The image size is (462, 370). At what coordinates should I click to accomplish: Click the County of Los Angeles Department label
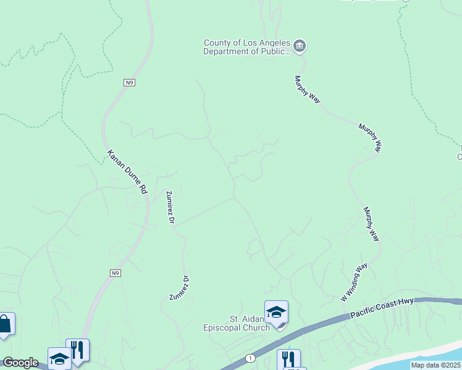[x=247, y=47]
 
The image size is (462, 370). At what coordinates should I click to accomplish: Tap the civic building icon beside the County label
[x=300, y=46]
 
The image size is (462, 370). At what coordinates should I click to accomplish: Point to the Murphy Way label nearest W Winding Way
[x=372, y=223]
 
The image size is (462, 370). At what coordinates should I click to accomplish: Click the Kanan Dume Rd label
[x=127, y=173]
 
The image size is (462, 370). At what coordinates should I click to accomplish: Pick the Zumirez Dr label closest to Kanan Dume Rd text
[x=170, y=207]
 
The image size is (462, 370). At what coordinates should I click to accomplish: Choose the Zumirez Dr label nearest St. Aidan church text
[x=180, y=288]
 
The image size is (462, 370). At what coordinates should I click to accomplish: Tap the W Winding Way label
[x=354, y=282]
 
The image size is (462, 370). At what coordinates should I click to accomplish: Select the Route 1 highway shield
[x=250, y=358]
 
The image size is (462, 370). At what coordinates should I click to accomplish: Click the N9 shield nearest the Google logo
[x=115, y=273]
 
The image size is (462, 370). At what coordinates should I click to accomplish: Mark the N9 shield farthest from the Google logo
[x=128, y=83]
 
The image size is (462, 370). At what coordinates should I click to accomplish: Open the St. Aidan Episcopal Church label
[x=237, y=323]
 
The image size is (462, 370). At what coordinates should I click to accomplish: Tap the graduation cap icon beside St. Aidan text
[x=276, y=312]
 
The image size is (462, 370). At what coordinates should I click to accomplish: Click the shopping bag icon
[x=4, y=324]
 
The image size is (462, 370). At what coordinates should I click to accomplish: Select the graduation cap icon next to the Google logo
[x=59, y=358]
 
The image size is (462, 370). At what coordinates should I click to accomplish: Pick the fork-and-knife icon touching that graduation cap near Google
[x=78, y=350]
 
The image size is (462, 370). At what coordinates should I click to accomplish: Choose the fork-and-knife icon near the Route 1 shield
[x=288, y=359]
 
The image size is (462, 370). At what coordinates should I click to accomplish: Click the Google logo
[x=20, y=363]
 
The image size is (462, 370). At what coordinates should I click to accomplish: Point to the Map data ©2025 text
[x=435, y=365]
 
